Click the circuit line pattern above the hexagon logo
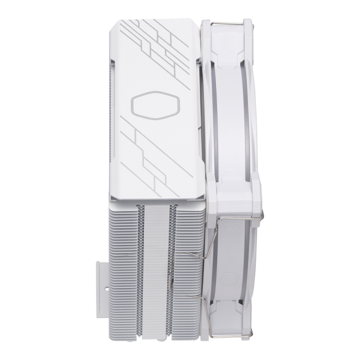click(x=161, y=47)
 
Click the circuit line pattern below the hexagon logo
click(x=158, y=155)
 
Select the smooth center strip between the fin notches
click(x=155, y=266)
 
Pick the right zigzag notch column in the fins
click(x=171, y=266)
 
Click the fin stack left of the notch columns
click(x=122, y=266)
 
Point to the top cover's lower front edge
click(x=158, y=199)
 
